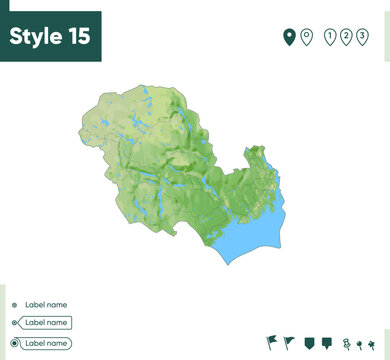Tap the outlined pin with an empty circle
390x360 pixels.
click(307, 38)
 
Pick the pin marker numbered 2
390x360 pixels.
click(346, 38)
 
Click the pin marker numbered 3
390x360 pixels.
click(363, 38)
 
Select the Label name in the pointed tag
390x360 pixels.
click(47, 323)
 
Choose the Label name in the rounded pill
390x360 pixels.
click(47, 343)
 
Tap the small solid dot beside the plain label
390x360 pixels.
click(14, 304)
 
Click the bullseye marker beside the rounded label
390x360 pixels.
click(14, 343)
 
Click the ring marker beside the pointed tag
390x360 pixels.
click(14, 323)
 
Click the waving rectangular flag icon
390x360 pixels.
click(272, 343)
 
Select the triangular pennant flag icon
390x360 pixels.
click(290, 343)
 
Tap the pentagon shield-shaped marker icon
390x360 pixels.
click(309, 343)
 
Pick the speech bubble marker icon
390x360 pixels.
click(327, 343)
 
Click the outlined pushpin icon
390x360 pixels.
click(345, 343)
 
